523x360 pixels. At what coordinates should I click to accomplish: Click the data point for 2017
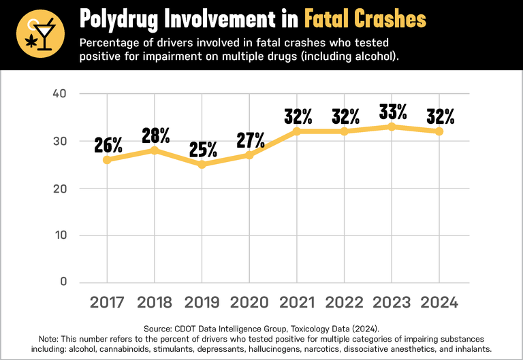(x=108, y=159)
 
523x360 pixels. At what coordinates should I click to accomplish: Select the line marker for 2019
(x=202, y=164)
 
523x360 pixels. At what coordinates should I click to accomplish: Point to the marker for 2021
(x=297, y=131)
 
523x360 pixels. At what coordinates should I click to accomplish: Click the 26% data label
(x=108, y=144)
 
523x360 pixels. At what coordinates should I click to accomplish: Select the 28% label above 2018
(x=155, y=135)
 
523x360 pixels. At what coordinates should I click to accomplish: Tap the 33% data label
(x=393, y=111)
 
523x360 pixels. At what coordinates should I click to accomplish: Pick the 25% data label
(x=203, y=149)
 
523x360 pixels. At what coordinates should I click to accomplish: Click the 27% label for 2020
(x=250, y=140)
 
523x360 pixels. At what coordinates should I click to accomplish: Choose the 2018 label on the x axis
(x=155, y=301)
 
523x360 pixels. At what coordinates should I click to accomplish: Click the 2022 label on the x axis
(x=345, y=301)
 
